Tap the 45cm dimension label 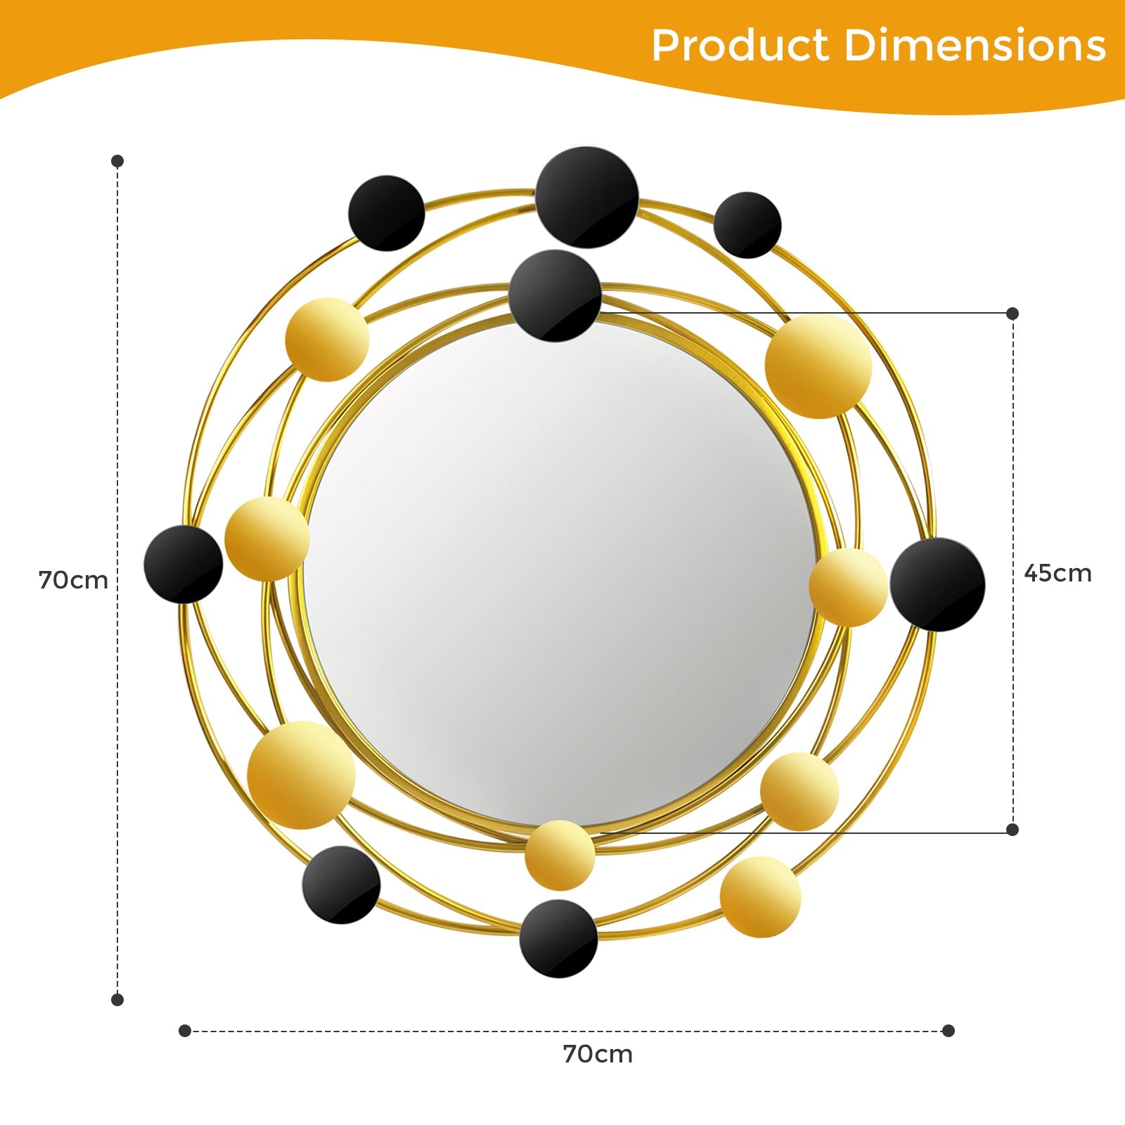tap(1057, 573)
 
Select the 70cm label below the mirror tap(598, 1054)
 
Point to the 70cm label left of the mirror tap(73, 580)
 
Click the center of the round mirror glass tap(560, 573)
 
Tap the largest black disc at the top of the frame tap(587, 197)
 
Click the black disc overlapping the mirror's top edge tap(555, 296)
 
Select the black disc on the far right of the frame tap(937, 584)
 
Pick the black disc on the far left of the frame tap(184, 564)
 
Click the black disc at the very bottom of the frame tap(558, 939)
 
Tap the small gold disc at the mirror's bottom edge tap(560, 854)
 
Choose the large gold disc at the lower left tap(301, 775)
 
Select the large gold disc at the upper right tap(818, 366)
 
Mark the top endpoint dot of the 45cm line tap(1012, 314)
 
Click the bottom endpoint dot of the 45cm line tap(1012, 830)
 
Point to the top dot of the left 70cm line tap(117, 161)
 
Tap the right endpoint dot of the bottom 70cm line tap(949, 1031)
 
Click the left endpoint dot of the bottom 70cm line tap(185, 1031)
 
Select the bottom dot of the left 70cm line tap(117, 999)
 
